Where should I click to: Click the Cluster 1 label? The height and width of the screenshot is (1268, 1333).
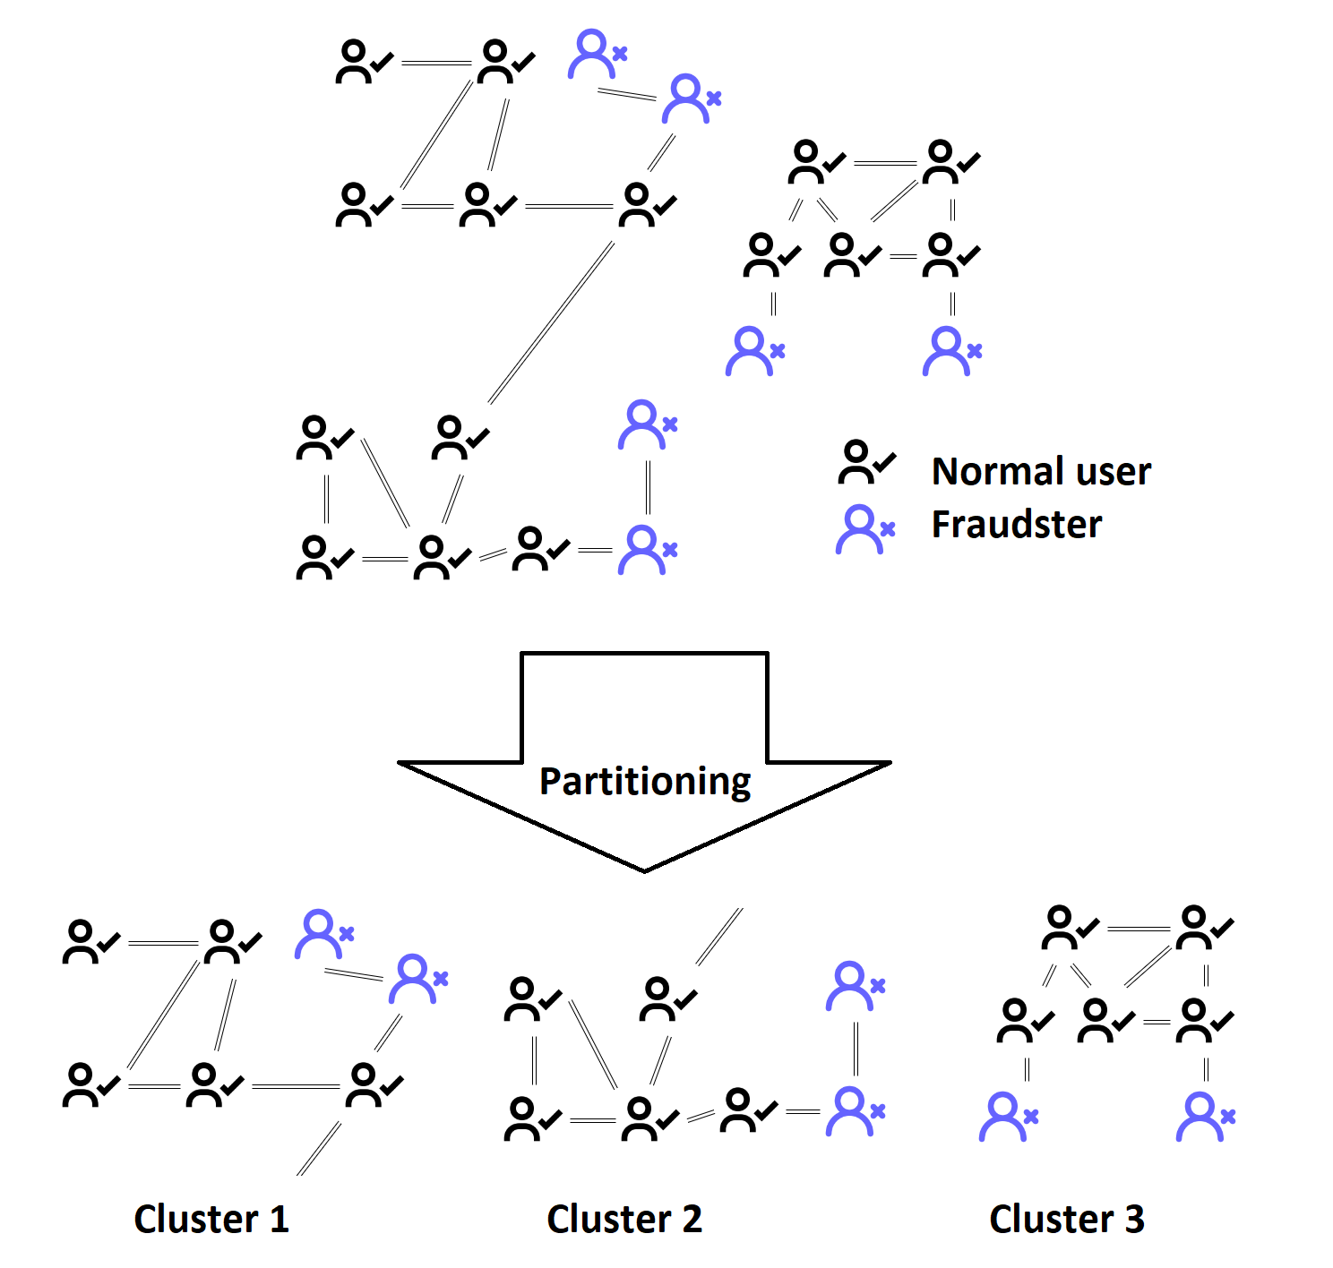(x=211, y=1219)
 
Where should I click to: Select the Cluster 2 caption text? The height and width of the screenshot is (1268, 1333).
(x=624, y=1219)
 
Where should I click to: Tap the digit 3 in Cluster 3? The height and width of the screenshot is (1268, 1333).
(x=1134, y=1219)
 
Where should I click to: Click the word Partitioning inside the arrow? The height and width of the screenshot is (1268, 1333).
(x=645, y=781)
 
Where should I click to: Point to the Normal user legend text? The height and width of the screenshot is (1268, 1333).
(x=1041, y=471)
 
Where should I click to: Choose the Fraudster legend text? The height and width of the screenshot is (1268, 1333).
(x=1017, y=524)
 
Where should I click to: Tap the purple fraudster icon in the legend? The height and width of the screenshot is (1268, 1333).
(x=863, y=529)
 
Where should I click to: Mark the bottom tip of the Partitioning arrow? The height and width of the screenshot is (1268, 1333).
(x=644, y=870)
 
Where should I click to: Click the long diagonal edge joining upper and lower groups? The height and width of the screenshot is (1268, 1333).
(x=551, y=322)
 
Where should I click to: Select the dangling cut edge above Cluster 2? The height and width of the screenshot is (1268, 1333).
(x=719, y=937)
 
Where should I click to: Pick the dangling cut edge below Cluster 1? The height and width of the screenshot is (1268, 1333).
(x=320, y=1148)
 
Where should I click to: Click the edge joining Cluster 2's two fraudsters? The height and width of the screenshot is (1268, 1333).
(x=856, y=1049)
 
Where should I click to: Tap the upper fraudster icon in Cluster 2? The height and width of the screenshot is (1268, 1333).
(x=853, y=986)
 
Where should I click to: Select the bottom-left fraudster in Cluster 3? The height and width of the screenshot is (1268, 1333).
(x=1006, y=1117)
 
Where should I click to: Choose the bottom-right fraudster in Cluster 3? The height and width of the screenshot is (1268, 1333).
(x=1203, y=1117)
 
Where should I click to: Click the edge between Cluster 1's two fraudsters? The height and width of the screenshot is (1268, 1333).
(x=354, y=973)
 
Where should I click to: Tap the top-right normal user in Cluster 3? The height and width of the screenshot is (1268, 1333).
(x=1201, y=928)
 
